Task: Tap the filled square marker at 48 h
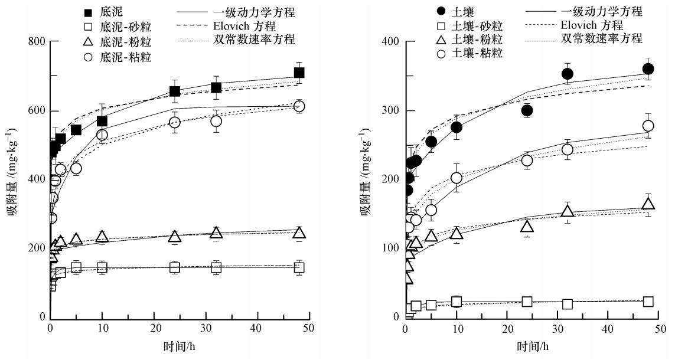coord(299,73)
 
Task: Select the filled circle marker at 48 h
coord(648,69)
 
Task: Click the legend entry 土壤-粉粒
coord(477,40)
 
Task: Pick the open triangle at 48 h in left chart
coord(299,233)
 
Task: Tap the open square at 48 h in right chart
coord(648,302)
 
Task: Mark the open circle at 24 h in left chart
coord(174,122)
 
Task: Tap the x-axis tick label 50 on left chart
coord(311,328)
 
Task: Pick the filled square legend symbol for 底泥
coord(87,12)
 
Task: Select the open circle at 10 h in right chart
coord(457,178)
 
